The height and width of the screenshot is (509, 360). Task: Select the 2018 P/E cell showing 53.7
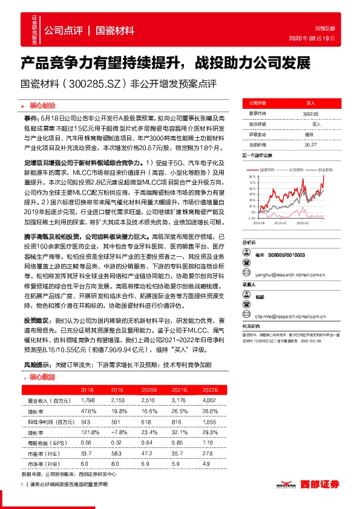(87, 452)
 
